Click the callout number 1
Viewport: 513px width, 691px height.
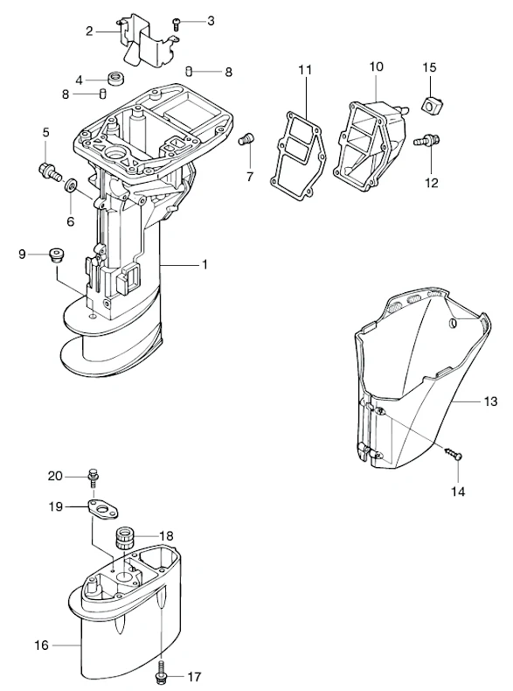point(205,264)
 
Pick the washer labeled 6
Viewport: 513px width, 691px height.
point(72,185)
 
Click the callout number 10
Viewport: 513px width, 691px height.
point(376,66)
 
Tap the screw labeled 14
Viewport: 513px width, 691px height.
point(453,454)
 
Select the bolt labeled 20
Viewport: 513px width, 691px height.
point(93,477)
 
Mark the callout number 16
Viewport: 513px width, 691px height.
point(41,646)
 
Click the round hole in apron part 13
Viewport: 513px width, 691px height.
point(454,324)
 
